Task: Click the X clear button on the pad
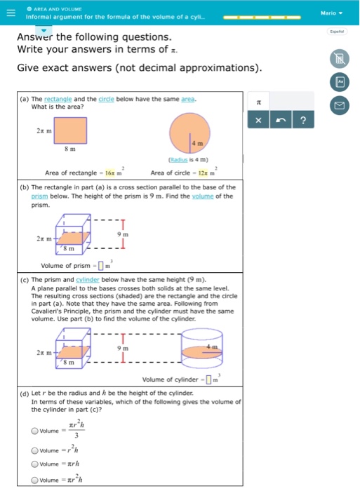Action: tap(259, 121)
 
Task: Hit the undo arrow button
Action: tap(281, 121)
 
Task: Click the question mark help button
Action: tap(302, 121)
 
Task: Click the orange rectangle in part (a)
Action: tap(67, 130)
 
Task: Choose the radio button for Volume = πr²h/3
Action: tap(34, 431)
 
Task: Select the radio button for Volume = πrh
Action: tap(34, 464)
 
